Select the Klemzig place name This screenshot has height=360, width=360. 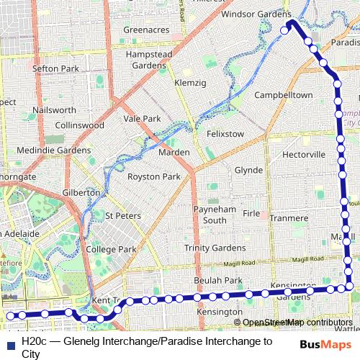[190, 84]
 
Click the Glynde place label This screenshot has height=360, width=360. [248, 170]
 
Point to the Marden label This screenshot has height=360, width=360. [174, 153]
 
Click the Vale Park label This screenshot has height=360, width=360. [142, 119]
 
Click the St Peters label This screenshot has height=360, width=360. [120, 215]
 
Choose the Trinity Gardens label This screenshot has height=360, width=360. [215, 248]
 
